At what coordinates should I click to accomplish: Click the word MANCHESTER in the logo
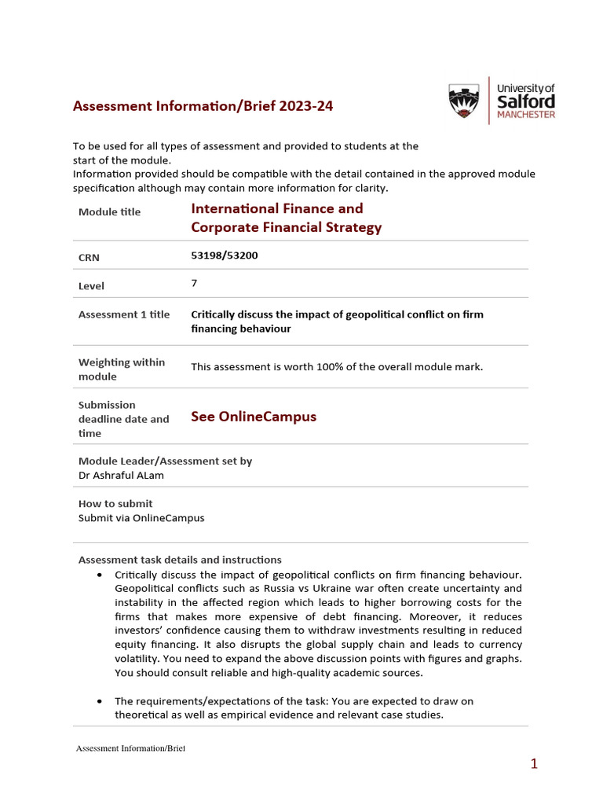click(526, 115)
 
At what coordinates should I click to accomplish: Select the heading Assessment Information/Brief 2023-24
click(203, 106)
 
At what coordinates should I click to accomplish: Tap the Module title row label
click(110, 212)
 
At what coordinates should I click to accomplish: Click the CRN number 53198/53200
click(225, 255)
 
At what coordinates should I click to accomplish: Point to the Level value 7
click(194, 284)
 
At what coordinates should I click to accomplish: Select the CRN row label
click(89, 258)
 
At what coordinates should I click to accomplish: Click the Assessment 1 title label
click(124, 314)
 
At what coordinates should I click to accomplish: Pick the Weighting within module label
click(122, 369)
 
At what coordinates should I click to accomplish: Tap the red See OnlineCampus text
click(254, 417)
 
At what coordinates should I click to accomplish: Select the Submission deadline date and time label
click(123, 419)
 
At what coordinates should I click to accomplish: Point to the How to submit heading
click(115, 504)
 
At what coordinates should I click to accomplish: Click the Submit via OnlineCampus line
click(141, 518)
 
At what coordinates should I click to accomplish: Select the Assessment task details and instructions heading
click(180, 561)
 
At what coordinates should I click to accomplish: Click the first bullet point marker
click(99, 575)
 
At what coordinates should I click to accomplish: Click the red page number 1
click(534, 764)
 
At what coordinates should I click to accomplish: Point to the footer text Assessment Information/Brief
click(130, 748)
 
